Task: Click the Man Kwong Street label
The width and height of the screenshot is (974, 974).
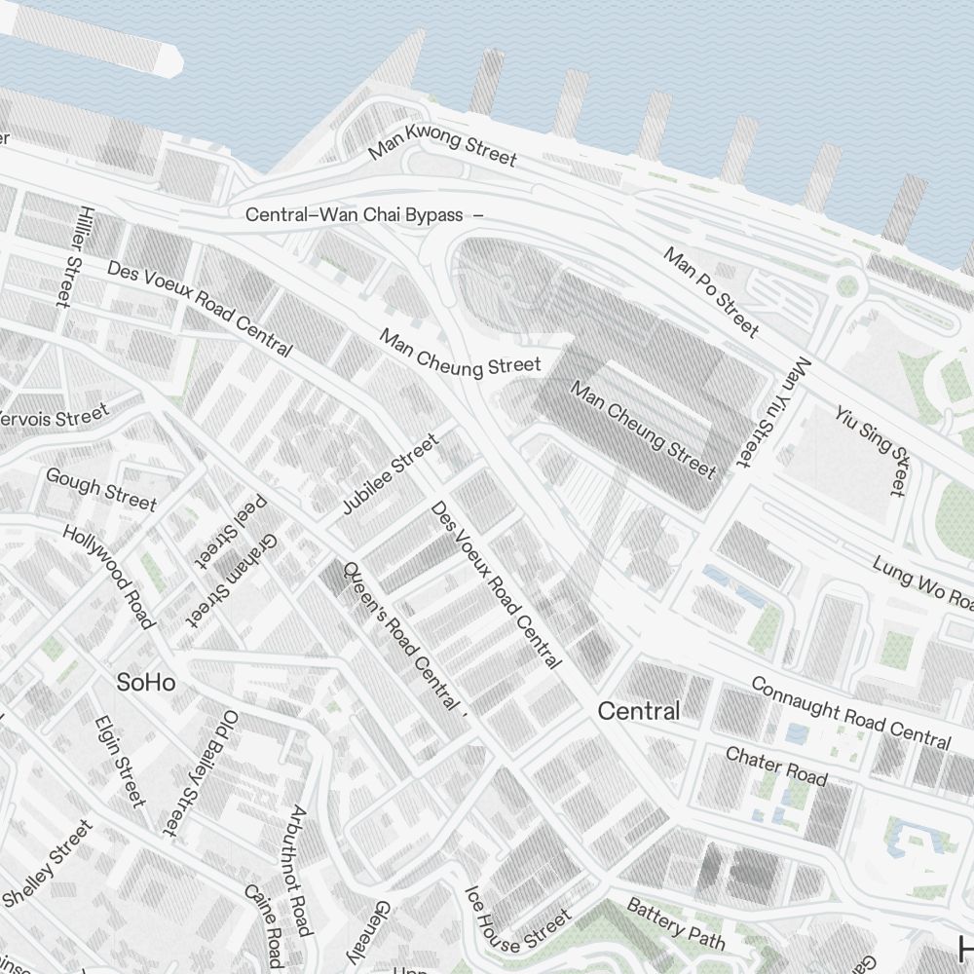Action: coord(442,145)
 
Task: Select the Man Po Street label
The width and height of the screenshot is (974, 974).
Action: coord(711,291)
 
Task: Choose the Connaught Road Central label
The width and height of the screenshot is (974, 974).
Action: coord(850,714)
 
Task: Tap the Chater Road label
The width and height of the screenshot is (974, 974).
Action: coord(776,766)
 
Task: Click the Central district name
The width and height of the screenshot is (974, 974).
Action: coord(639,712)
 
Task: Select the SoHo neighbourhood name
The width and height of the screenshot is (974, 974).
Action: coord(146,683)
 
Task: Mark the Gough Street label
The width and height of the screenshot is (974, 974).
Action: coord(101,488)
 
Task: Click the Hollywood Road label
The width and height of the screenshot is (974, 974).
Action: coord(109,577)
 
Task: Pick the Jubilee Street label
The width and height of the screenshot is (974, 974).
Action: coord(391,474)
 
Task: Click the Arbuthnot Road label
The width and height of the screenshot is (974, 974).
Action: coord(300,870)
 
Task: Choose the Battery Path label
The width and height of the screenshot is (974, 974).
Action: coord(676,923)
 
